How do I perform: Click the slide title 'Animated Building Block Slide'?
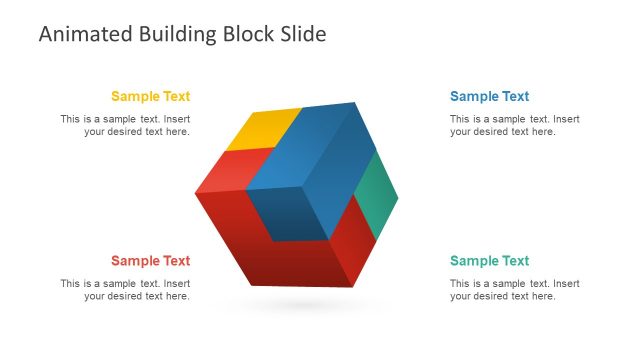(182, 34)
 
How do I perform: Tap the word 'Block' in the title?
(254, 34)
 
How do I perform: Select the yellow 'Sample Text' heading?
(150, 97)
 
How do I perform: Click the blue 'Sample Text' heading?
(490, 97)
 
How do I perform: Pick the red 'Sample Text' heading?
(150, 261)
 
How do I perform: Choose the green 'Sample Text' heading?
(490, 261)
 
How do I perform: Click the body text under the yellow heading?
(125, 125)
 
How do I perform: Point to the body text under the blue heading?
(515, 125)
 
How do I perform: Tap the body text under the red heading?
(125, 289)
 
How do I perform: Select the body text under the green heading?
(515, 289)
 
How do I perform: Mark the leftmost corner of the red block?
(197, 191)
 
